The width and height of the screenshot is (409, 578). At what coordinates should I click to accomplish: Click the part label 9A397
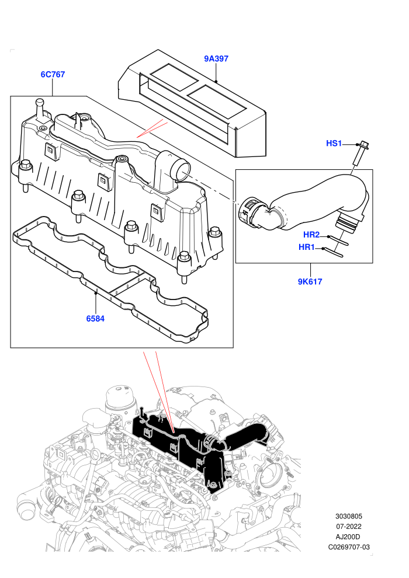pos(216,58)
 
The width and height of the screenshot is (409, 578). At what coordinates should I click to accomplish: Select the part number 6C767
pos(53,75)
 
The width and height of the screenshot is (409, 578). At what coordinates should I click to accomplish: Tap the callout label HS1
pos(334,144)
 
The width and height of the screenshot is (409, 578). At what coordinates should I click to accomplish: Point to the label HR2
pos(311,235)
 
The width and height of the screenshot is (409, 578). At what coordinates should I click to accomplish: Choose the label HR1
pos(307,248)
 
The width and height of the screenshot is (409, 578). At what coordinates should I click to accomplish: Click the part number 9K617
pos(310,281)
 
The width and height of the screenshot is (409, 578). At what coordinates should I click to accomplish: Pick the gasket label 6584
pos(95,319)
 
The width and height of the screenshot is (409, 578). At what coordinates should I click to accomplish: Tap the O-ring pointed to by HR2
pos(337,240)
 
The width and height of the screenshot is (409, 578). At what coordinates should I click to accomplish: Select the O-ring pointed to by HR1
pos(333,252)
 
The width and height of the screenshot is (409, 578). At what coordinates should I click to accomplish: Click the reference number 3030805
pos(348,517)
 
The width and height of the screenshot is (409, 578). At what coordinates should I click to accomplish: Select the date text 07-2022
pos(348,527)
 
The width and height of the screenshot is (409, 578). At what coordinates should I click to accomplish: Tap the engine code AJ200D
pos(348,537)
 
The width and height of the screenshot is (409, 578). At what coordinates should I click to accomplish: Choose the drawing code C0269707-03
pos(348,548)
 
